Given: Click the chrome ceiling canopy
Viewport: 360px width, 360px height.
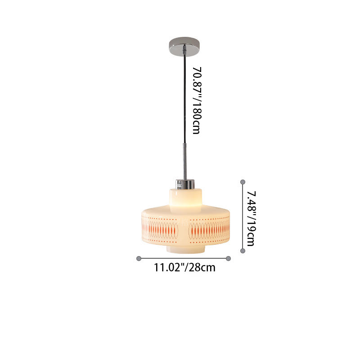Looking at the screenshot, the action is [184, 46].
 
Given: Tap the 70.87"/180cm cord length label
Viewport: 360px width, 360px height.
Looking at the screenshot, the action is [197, 100].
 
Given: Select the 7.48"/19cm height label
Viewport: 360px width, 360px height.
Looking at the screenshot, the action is [251, 218].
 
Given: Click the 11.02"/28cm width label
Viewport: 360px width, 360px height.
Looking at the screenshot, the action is [184, 268].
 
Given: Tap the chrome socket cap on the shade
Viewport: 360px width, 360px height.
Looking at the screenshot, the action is [185, 184].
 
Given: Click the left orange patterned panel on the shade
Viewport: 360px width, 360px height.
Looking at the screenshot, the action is [160, 230].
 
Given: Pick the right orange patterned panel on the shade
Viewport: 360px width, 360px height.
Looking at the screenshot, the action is [209, 230].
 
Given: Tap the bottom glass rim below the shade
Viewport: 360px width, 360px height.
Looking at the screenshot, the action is [185, 250].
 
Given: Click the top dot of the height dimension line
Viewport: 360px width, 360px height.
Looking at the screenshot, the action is [243, 182].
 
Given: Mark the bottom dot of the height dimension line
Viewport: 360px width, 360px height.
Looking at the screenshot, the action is [243, 251].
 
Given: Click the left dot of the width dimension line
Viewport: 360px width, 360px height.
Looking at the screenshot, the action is [139, 258].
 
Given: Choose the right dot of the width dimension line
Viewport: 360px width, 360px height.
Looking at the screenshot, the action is [228, 258].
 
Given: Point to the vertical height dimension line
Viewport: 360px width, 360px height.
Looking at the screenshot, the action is [243, 216].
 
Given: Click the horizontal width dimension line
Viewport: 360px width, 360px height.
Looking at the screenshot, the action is [184, 258].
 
